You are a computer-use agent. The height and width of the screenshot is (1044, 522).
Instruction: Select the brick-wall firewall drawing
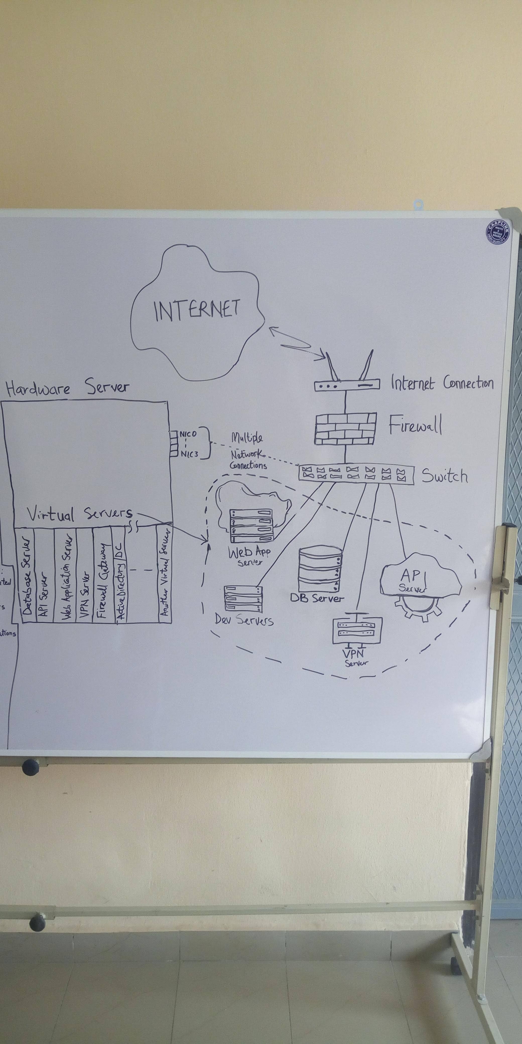346,428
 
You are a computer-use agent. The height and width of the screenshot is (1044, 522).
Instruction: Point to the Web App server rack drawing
251,525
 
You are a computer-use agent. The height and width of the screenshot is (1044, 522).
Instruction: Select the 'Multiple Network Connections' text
248,451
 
